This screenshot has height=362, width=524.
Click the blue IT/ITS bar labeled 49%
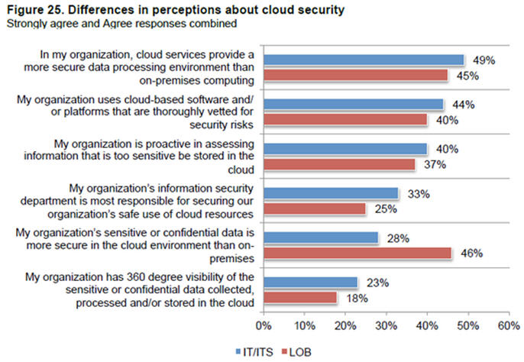tap(364, 60)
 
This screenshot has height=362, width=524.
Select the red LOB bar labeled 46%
tap(358, 253)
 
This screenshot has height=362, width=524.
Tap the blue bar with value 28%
tap(321, 238)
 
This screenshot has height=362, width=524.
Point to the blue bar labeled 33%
tap(332, 193)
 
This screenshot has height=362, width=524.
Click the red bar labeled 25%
tap(315, 208)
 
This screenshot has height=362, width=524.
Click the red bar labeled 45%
tap(356, 75)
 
